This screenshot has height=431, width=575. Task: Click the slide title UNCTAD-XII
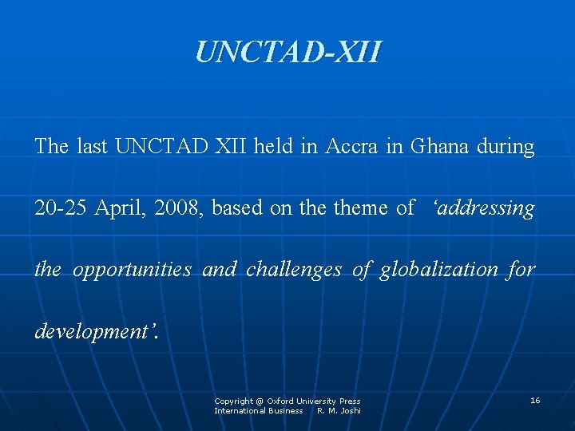(x=288, y=52)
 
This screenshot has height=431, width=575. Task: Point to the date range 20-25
(x=61, y=208)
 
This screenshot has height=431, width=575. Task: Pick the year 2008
(x=180, y=208)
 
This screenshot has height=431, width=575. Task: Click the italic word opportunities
(x=132, y=270)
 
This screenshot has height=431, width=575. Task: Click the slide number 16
(x=535, y=400)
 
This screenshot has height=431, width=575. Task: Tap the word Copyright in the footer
(x=233, y=401)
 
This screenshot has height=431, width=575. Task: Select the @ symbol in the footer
(x=260, y=401)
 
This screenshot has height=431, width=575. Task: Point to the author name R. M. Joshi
(x=339, y=410)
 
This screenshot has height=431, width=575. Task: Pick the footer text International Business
(x=258, y=410)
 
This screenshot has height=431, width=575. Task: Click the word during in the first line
(x=506, y=147)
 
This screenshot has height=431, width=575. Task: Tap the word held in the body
(x=273, y=147)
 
